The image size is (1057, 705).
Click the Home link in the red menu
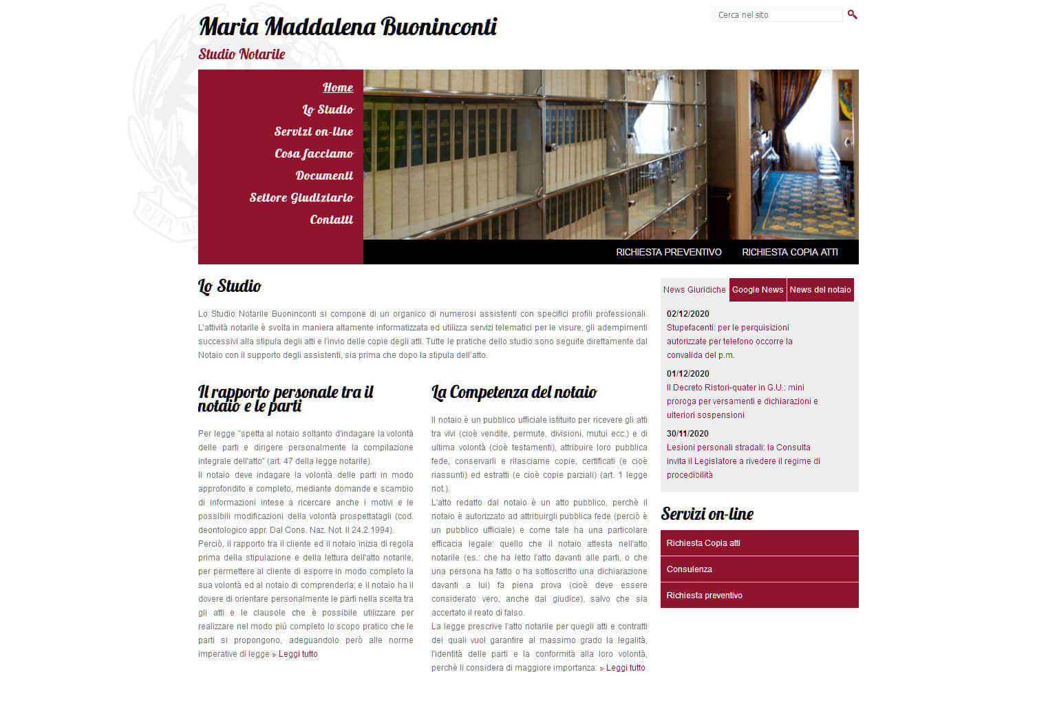pyautogui.click(x=338, y=88)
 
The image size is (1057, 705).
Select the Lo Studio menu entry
pyautogui.click(x=328, y=110)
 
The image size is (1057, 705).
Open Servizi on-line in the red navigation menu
pyautogui.click(x=314, y=132)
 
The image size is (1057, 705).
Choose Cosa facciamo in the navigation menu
pyautogui.click(x=314, y=154)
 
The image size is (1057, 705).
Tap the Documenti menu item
pyautogui.click(x=324, y=176)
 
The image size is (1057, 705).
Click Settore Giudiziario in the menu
pyautogui.click(x=301, y=198)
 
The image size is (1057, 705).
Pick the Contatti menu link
pyautogui.click(x=331, y=220)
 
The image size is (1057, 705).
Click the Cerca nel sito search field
pyautogui.click(x=778, y=15)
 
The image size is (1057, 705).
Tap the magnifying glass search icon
pyautogui.click(x=853, y=14)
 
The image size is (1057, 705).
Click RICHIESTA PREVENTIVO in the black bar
pyautogui.click(x=668, y=253)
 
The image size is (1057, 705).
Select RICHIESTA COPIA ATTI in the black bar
pyautogui.click(x=789, y=253)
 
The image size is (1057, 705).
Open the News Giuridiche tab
pyautogui.click(x=694, y=290)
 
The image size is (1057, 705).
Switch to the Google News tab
pyautogui.click(x=758, y=290)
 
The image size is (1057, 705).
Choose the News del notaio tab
pyautogui.click(x=820, y=290)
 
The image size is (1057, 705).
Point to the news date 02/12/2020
pyautogui.click(x=687, y=314)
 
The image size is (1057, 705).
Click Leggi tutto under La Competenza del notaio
pyautogui.click(x=626, y=668)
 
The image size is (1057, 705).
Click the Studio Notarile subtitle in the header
pyautogui.click(x=242, y=54)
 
